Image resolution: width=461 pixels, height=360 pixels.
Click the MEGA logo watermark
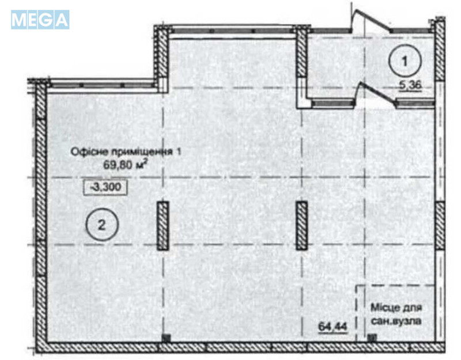[40, 20]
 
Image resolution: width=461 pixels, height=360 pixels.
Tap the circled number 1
[404, 60]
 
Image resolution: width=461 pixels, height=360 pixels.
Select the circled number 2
[101, 225]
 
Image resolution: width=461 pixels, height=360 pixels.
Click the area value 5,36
[411, 86]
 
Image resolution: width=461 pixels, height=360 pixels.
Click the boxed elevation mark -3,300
[104, 187]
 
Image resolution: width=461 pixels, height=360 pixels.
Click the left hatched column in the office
[163, 225]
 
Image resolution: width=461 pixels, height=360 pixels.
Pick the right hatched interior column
[301, 225]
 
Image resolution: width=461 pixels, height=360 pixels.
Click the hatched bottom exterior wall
[242, 347]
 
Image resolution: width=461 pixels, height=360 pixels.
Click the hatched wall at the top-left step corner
[161, 58]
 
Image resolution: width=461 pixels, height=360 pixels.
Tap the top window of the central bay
[233, 29]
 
